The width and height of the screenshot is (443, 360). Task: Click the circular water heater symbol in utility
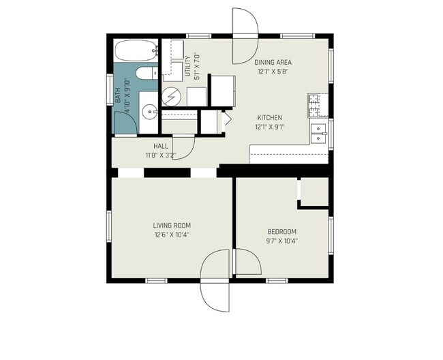172,97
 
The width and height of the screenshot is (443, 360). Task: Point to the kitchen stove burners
316,103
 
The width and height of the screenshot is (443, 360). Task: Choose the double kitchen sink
318,132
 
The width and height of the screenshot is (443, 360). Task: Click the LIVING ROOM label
172,225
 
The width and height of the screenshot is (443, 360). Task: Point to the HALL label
161,146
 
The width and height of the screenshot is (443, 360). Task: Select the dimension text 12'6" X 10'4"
172,235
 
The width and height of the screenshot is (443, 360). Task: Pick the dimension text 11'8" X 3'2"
161,155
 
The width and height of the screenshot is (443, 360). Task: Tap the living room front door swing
215,280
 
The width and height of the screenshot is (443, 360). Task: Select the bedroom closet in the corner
314,192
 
